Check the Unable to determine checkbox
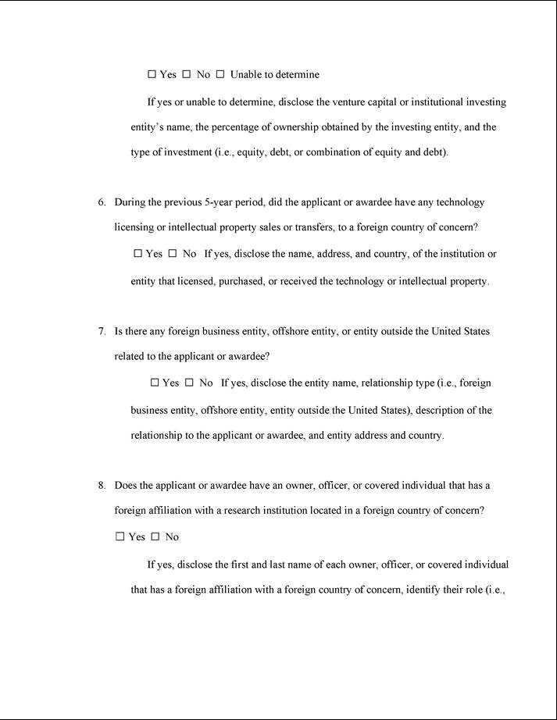coord(220,74)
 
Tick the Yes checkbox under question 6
coord(137,254)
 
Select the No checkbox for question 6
coord(173,254)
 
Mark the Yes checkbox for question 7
coord(154,383)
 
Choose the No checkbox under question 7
coord(189,383)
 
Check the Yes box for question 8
coord(120,536)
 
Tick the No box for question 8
coord(155,536)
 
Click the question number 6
coord(102,202)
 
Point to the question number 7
coord(102,331)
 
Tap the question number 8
coord(102,485)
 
